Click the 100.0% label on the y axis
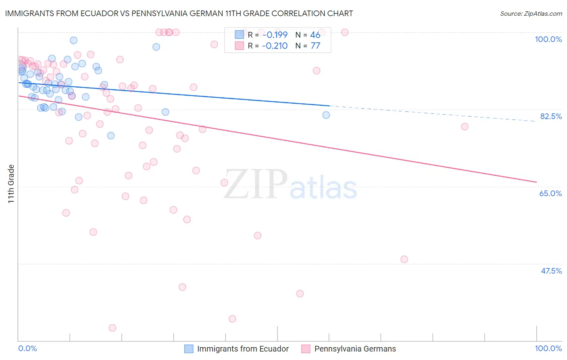click(548, 39)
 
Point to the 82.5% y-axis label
click(551, 116)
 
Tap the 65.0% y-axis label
click(550, 193)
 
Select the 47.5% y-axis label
click(551, 271)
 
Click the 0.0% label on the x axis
click(27, 348)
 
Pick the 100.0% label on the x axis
click(548, 348)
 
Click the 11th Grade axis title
click(11, 184)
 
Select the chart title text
click(179, 13)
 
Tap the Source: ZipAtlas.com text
click(531, 13)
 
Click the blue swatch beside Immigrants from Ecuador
click(189, 349)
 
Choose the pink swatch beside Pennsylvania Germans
click(306, 349)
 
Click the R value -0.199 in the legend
click(275, 35)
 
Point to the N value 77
click(315, 46)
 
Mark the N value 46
click(315, 35)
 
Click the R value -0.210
click(275, 46)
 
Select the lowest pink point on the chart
click(113, 328)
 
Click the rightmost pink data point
click(465, 127)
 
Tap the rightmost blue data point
click(326, 115)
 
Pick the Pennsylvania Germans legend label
click(355, 349)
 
